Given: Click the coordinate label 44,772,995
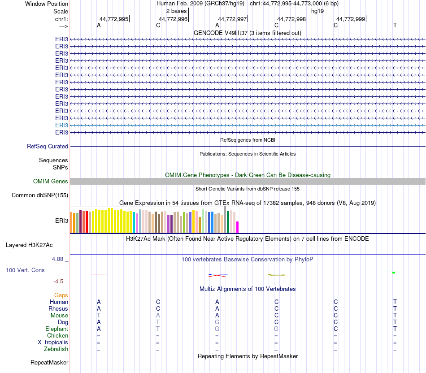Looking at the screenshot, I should (114, 19).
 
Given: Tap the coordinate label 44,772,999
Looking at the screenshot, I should (351, 19).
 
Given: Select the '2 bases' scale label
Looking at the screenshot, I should (176, 11).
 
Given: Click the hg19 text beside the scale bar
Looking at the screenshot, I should (317, 11).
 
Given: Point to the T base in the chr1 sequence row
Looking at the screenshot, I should (395, 26).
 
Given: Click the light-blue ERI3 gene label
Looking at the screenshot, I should (61, 125).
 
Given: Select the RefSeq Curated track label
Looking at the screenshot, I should (48, 146).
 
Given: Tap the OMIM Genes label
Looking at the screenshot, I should (51, 182).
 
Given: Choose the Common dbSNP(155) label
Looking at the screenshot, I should (40, 195).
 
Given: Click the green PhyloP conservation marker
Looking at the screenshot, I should (393, 272).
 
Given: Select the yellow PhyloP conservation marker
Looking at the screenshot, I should (277, 275).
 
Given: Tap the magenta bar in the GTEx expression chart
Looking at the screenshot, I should (238, 227).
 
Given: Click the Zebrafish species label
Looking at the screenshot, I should (56, 349).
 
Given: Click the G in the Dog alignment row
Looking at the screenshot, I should (217, 322).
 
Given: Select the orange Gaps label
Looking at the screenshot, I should (61, 295).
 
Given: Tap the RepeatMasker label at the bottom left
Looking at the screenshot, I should (49, 362).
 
